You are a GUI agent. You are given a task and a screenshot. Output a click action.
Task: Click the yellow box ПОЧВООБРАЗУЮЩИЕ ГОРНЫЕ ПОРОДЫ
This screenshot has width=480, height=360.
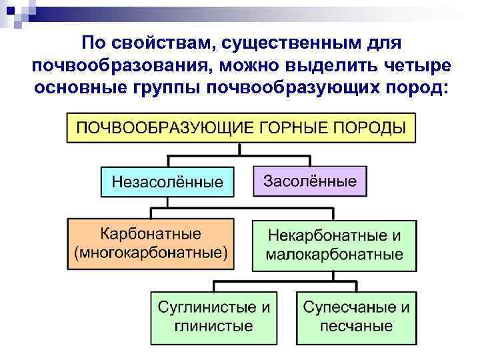coord(241,128)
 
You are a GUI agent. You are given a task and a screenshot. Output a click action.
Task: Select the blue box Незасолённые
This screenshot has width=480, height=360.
coord(167,181)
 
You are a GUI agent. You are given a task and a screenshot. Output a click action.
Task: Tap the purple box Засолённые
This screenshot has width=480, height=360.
coord(310,181)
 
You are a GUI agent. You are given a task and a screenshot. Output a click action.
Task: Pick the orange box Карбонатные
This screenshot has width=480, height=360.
coord(151,243)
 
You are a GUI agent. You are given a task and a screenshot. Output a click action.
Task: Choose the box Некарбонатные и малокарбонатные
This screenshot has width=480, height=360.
coord(334,245)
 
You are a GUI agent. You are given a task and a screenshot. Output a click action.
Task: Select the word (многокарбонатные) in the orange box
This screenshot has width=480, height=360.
coord(151,253)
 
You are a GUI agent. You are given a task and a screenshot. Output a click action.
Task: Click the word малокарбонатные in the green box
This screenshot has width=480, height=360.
coord(334,255)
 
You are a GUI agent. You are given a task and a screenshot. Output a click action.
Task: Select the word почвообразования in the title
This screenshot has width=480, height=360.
coord(115,67)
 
